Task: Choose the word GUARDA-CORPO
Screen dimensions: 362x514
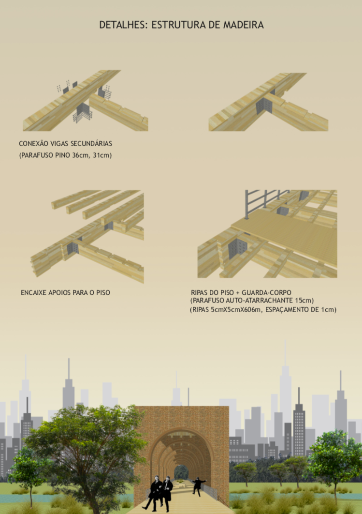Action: (266, 292)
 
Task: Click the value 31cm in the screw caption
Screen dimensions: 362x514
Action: (102, 155)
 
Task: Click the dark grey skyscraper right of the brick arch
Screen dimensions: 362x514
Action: (299, 426)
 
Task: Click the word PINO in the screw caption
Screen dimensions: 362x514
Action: (62, 155)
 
